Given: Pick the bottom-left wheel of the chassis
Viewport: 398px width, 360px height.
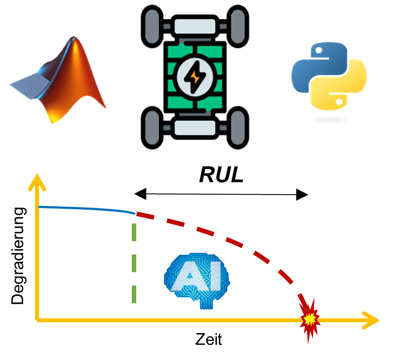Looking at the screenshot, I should click(152, 128).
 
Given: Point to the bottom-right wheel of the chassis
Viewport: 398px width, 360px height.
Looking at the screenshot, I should click(238, 128).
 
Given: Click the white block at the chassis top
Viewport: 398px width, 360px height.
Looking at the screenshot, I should click(195, 26).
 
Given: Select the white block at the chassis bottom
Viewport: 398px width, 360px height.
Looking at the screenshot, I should click(195, 128).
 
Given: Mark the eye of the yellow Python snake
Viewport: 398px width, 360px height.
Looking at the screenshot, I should click(339, 102).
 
